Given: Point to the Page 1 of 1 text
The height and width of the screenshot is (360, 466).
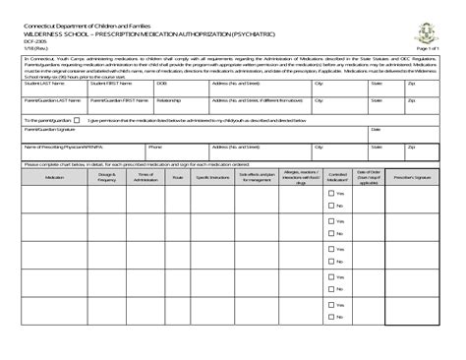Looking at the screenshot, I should point(428,47).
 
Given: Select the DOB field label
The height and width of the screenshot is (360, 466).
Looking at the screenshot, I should point(162,85).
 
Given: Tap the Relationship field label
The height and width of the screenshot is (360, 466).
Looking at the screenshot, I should point(168,99).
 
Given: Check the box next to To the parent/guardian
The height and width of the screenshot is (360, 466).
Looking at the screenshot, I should point(77,120).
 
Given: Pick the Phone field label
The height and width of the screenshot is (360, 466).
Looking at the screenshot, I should point(155,146).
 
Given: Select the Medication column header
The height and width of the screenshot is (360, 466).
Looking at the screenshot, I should point(55,177).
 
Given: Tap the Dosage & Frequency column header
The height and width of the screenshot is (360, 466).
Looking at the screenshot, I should point(107,177).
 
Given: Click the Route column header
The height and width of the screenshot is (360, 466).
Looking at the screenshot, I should point(178,177).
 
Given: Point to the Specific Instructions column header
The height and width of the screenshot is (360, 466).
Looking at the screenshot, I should point(212,177).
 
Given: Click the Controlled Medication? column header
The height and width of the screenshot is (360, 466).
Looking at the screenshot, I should point(337,177).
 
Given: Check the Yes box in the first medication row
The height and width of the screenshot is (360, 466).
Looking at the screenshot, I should point(331,194).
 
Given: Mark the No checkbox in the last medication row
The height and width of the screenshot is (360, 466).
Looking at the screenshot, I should point(331,317).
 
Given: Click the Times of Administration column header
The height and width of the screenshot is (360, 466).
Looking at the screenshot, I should point(145,177).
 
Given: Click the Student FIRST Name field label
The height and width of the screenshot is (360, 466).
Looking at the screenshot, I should point(111,85).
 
